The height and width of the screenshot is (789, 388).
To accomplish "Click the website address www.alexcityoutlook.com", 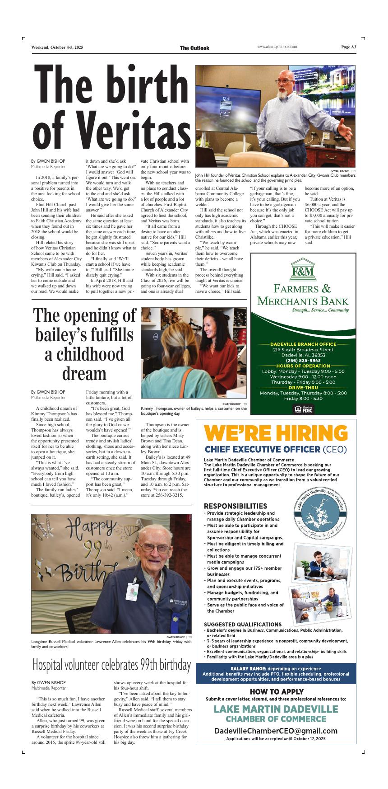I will [277, 47].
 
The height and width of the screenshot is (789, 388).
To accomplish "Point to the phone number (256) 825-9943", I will [303, 360].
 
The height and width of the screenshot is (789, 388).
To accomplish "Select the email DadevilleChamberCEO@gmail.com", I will [276, 731].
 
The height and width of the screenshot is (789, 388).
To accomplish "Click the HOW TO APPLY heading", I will [276, 691].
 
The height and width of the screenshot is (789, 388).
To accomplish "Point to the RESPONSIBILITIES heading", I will [236, 506].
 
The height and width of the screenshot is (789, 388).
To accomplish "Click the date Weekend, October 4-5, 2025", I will [57, 47].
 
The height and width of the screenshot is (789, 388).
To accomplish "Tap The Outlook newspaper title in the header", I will [194, 48].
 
